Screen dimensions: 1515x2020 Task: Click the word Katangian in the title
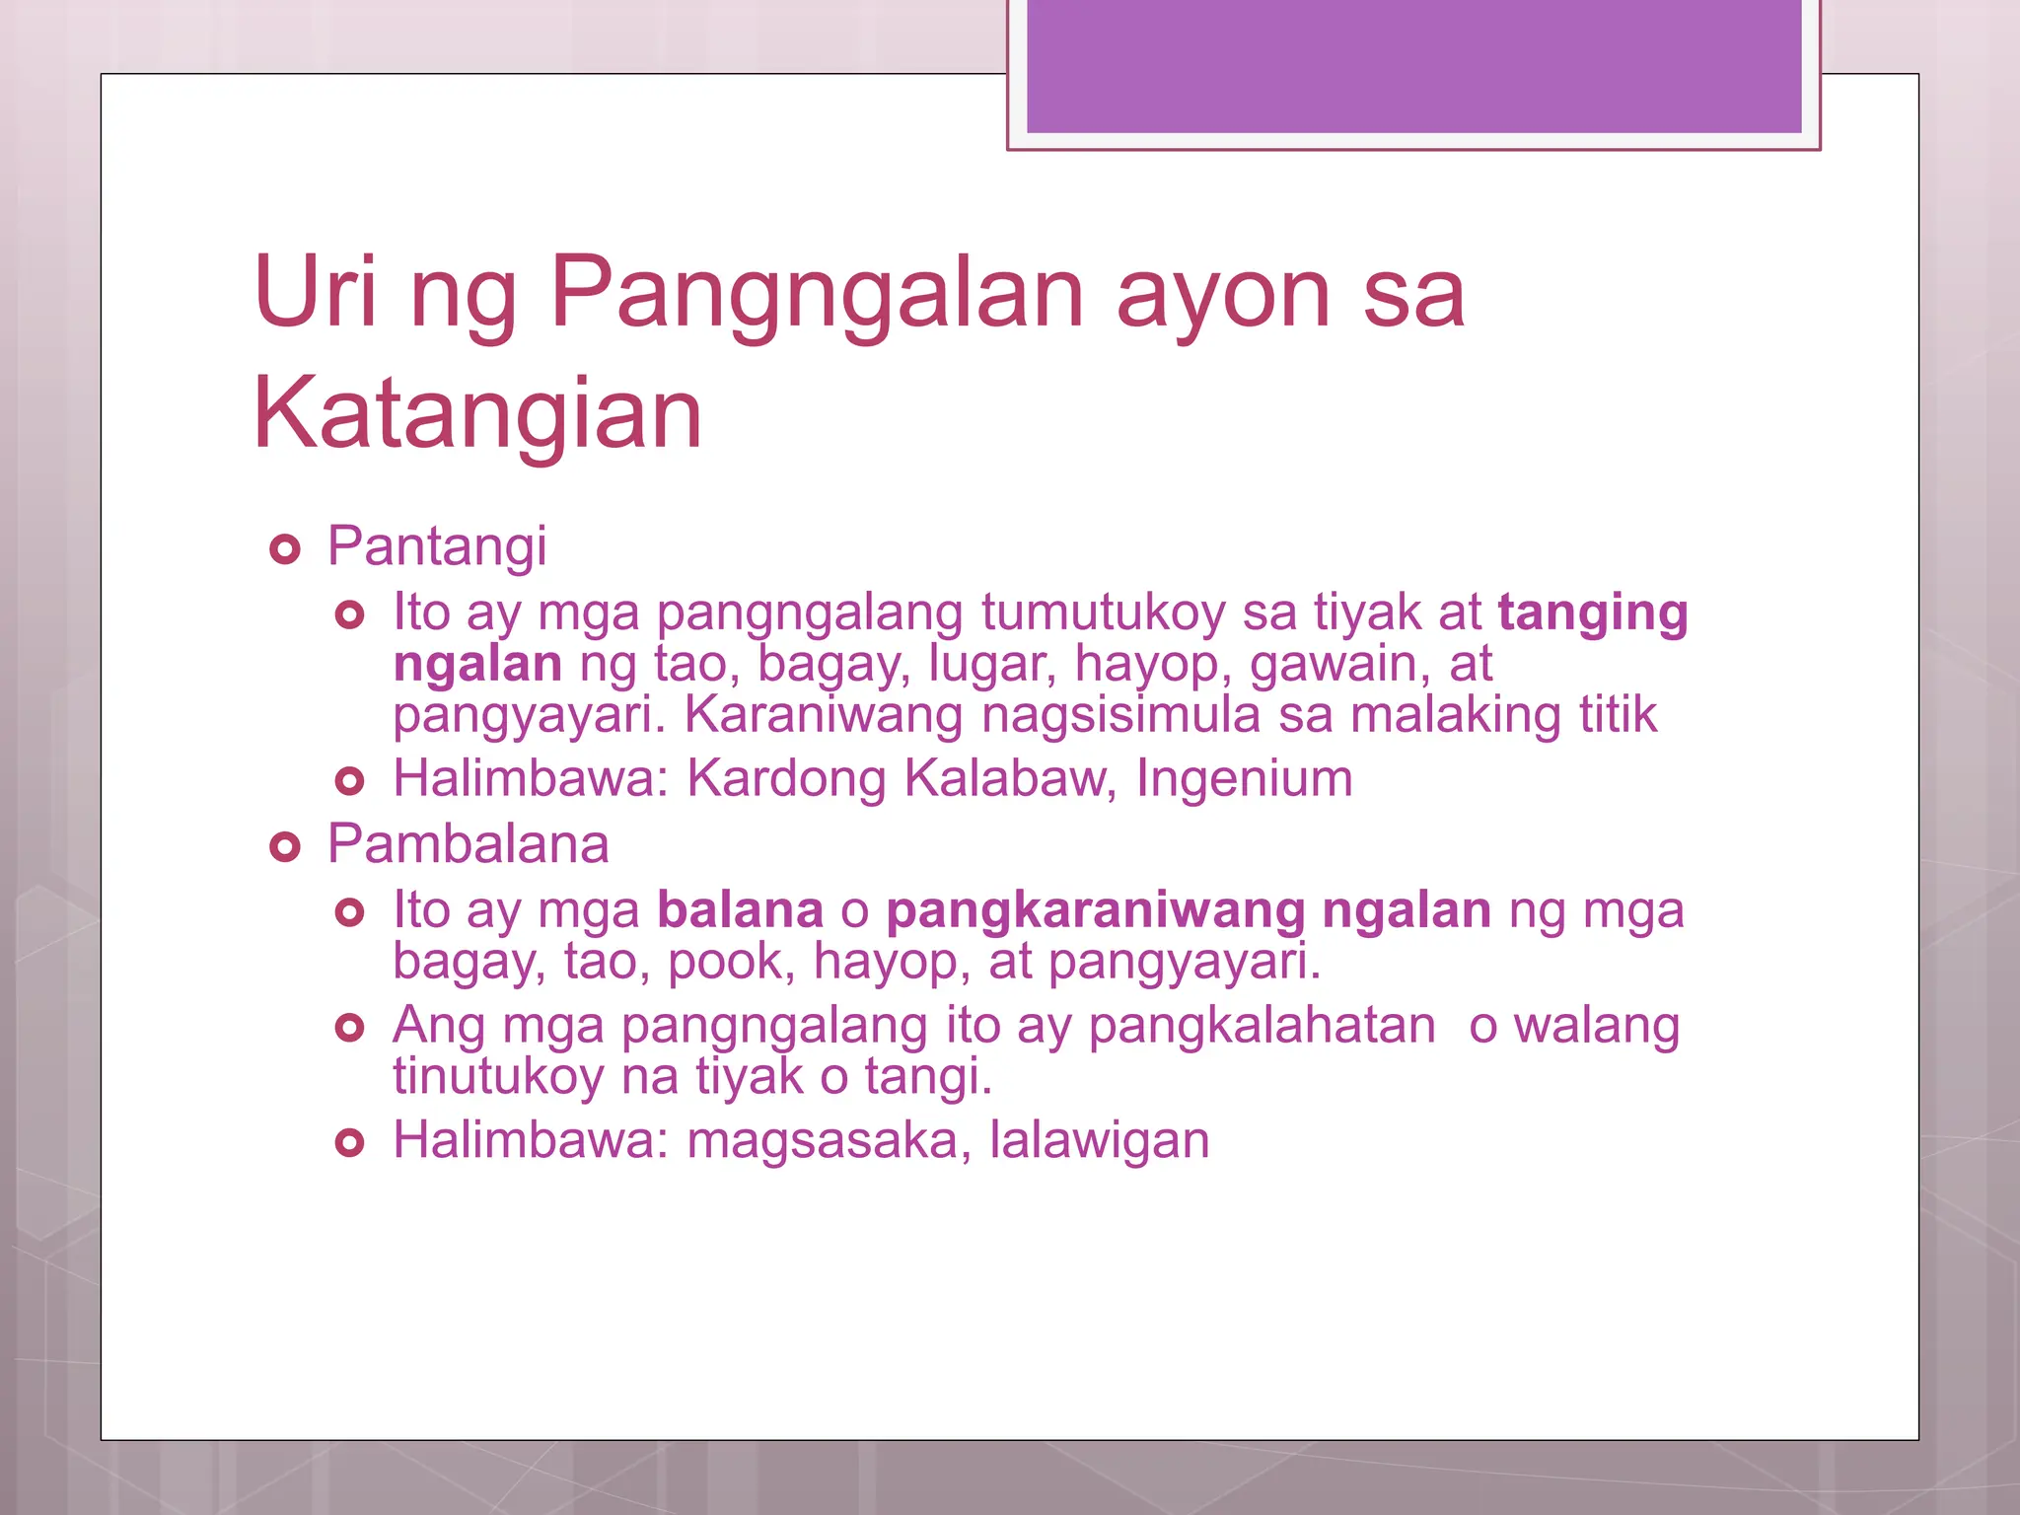(x=477, y=414)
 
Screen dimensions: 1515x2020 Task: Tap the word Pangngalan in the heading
(x=818, y=293)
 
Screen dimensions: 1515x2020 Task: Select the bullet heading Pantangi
(x=437, y=546)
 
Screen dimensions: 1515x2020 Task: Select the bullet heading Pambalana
(x=469, y=844)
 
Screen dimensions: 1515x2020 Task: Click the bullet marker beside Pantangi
(x=284, y=549)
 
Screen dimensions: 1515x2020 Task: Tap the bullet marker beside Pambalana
(x=284, y=846)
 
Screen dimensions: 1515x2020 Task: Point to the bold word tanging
(x=1593, y=613)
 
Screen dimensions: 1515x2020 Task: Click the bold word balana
(x=740, y=910)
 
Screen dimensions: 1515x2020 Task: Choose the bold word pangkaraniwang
(x=1096, y=911)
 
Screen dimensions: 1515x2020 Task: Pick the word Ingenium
(x=1244, y=778)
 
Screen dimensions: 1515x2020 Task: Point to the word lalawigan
(x=1099, y=1141)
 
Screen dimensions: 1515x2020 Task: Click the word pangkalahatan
(x=1262, y=1026)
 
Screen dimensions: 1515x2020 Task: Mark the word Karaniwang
(x=824, y=714)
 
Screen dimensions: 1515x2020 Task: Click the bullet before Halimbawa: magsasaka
(x=349, y=1143)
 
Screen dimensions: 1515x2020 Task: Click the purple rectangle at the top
(x=1413, y=65)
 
